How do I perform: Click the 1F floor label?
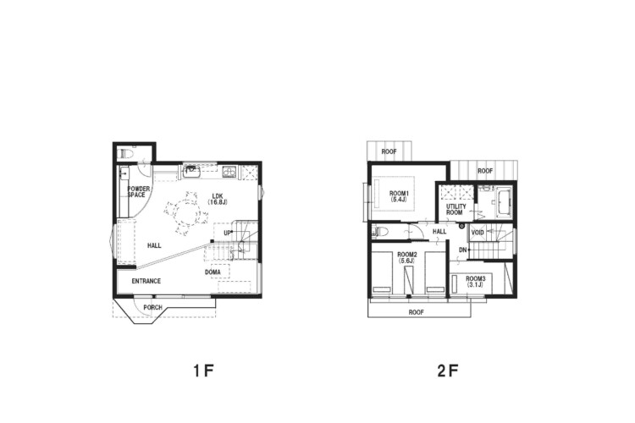[x=203, y=371]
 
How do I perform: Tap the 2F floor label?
[x=448, y=371]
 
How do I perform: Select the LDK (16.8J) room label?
[x=217, y=198]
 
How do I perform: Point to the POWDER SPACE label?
[x=138, y=192]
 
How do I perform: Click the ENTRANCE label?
[x=146, y=281]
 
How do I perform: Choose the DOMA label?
[x=213, y=272]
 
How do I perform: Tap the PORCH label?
[x=152, y=308]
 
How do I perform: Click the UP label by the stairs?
[x=227, y=233]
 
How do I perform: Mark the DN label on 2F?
[x=463, y=250]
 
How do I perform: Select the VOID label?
[x=478, y=233]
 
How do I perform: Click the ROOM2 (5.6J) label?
[x=407, y=257]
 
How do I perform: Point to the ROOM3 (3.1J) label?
[x=475, y=282]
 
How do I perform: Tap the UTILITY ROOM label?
[x=456, y=209]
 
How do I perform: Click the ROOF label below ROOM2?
[x=417, y=312]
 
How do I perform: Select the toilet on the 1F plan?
[x=126, y=154]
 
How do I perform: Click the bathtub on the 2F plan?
[x=505, y=203]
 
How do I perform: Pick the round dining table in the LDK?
[x=186, y=212]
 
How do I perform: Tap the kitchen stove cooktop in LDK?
[x=229, y=173]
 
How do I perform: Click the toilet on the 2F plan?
[x=381, y=232]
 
